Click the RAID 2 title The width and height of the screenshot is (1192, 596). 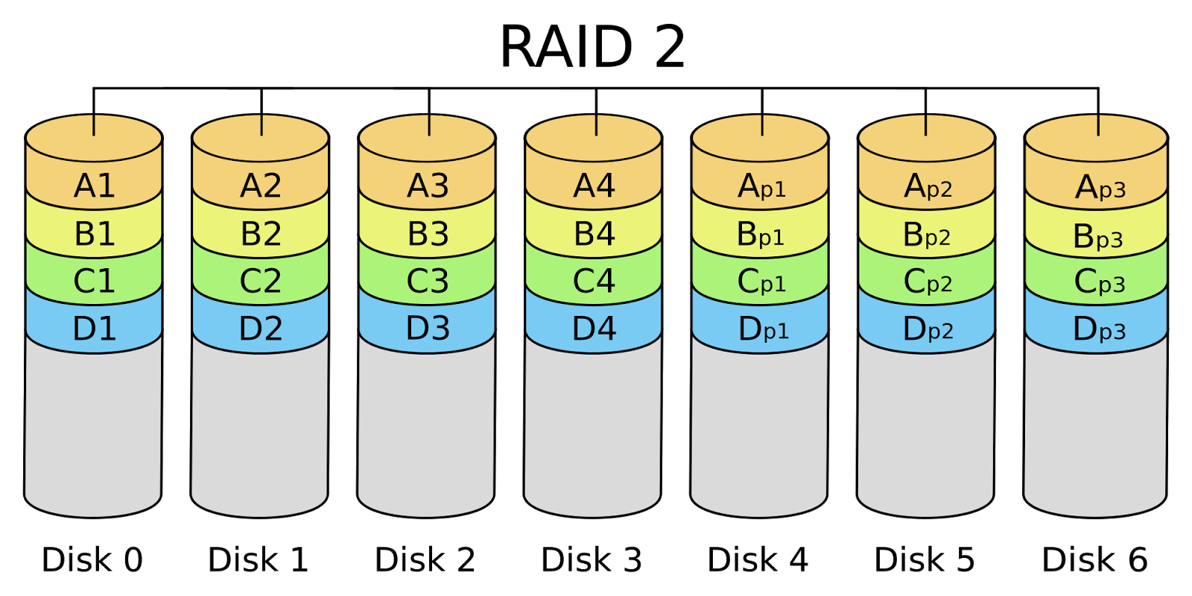[592, 47]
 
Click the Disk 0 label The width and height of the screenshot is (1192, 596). [92, 559]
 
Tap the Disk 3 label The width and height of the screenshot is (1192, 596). [592, 559]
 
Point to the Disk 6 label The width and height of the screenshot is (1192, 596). [1094, 559]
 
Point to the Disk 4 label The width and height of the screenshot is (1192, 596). [758, 559]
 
